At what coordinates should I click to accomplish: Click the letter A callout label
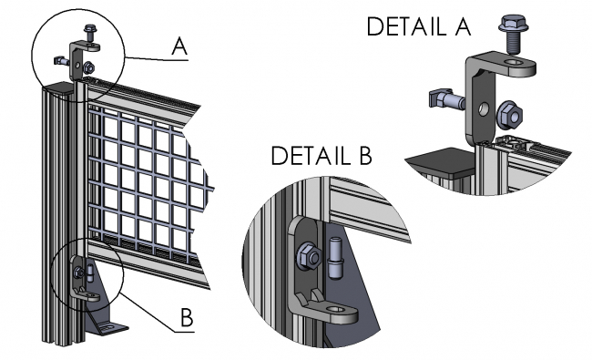pos(179,46)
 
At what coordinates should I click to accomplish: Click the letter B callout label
pos(187,317)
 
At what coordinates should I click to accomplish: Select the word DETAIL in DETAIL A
pos(406,26)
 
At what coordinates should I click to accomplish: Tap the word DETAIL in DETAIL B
pos(311,155)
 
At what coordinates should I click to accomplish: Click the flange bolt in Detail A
pos(513,33)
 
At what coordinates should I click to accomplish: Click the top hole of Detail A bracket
pos(515,62)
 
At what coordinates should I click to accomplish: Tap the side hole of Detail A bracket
pos(484,109)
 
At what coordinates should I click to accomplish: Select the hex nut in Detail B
pos(309,256)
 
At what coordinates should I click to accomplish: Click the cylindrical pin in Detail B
pos(334,258)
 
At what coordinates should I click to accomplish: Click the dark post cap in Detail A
pos(441,162)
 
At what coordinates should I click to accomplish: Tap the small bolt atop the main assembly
pos(90,33)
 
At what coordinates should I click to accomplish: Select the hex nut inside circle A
pos(88,67)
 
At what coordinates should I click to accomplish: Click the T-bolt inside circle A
pos(62,61)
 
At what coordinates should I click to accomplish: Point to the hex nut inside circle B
pos(79,272)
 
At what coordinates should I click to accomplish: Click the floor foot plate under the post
pos(107,328)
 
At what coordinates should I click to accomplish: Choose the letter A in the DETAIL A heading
pos(463,26)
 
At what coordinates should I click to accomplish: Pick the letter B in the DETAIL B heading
pos(365,155)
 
